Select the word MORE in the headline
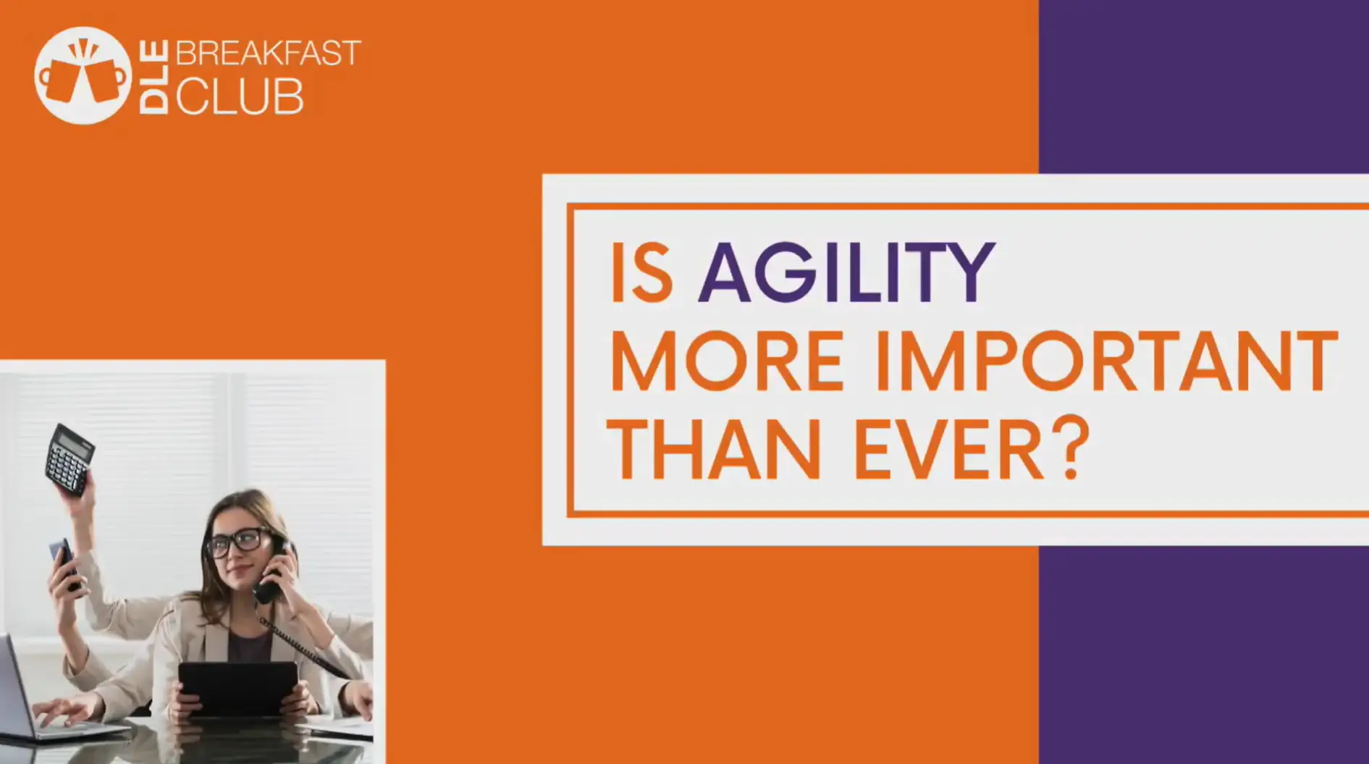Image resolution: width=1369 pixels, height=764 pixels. tap(727, 361)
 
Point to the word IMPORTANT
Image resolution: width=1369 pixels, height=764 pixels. tap(1105, 361)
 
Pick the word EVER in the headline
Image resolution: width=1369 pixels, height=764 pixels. tap(949, 448)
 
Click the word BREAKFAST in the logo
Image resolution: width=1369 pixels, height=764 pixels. tap(268, 54)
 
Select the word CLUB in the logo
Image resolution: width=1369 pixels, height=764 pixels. tap(240, 96)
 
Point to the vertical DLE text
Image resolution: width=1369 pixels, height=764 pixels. tap(153, 77)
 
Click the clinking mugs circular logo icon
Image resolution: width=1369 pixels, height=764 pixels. tap(83, 75)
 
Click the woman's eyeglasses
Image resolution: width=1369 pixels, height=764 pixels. tap(237, 542)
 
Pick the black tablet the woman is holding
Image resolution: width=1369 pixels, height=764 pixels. tap(238, 688)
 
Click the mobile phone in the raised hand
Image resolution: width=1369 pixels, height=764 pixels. tap(64, 561)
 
